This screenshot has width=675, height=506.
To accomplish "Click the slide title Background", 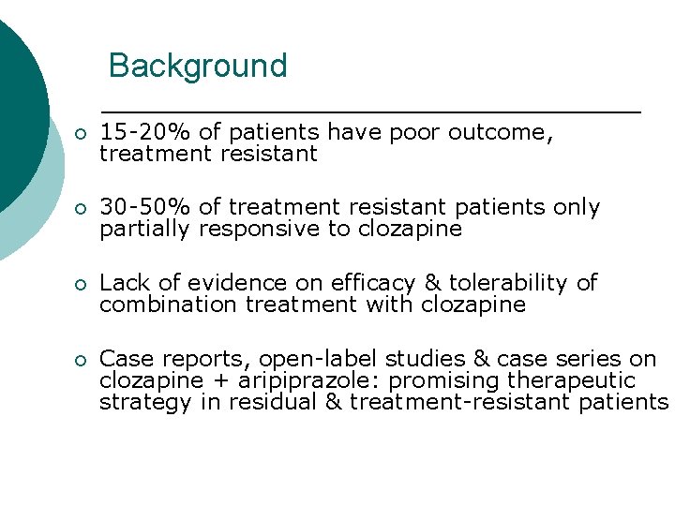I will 198,66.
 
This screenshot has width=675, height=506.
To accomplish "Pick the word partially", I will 144,230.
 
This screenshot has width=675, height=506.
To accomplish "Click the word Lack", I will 122,283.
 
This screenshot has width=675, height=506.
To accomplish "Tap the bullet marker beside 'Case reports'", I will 81,360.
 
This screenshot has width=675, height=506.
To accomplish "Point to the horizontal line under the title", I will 370,112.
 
